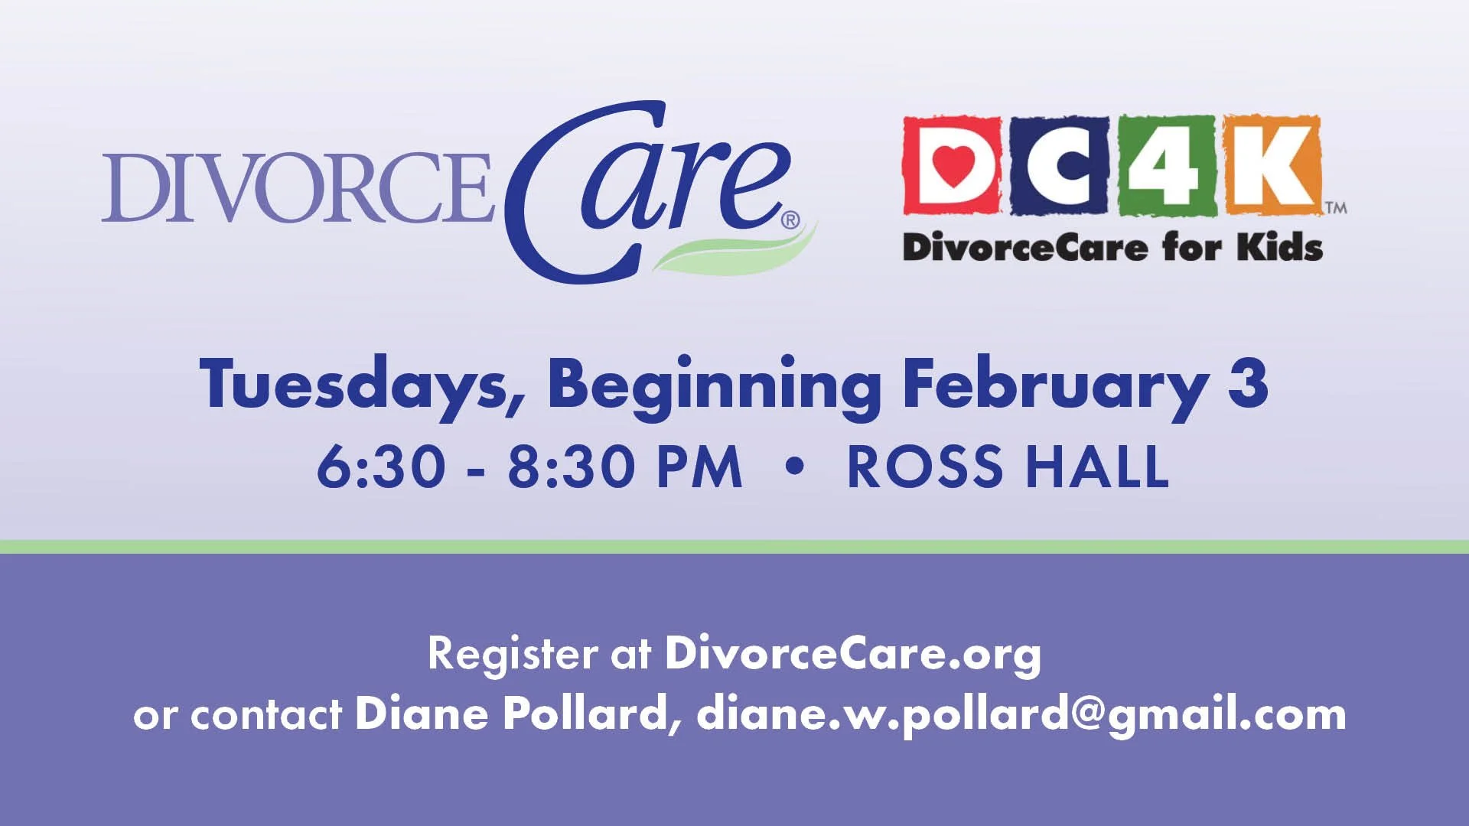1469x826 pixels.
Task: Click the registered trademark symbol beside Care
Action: [790, 221]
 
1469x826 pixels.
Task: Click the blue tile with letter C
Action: [1060, 164]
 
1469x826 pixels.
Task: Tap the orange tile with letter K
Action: [1272, 164]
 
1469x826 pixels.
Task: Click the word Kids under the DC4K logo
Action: [1280, 248]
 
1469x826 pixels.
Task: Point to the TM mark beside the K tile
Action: [1336, 207]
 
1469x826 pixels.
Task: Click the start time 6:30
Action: [381, 467]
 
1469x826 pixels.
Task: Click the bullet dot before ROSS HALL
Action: [795, 466]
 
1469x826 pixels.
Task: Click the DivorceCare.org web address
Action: [852, 654]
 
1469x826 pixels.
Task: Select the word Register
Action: [513, 654]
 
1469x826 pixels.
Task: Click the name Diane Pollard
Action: [512, 714]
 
